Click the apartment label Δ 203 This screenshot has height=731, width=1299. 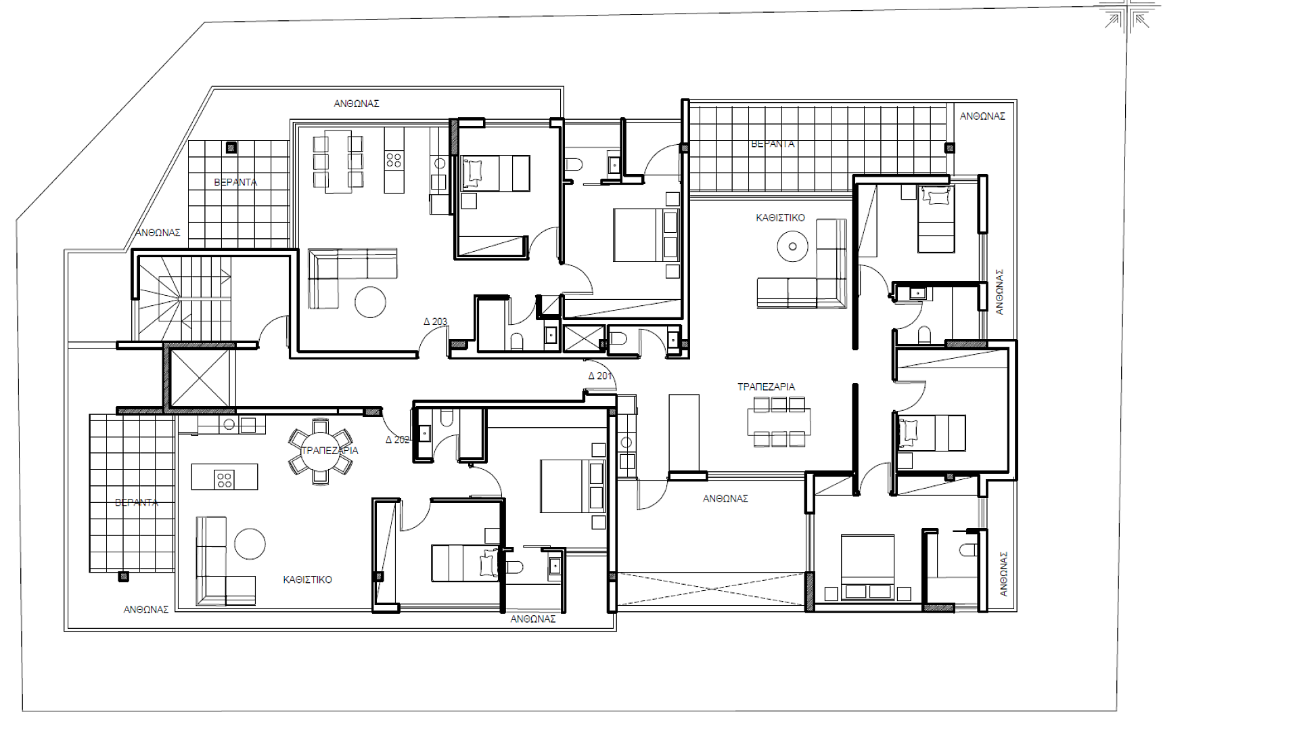435,322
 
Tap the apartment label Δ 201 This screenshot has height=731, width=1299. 599,376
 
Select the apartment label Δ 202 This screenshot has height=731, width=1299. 397,439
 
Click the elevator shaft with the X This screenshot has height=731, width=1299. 200,378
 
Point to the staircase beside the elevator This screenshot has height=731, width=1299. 184,298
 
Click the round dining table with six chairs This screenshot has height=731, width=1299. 321,451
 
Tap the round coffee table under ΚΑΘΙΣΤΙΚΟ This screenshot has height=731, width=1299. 792,246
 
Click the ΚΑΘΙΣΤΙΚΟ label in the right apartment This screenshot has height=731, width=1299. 780,218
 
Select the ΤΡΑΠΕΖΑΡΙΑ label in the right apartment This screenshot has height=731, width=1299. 766,386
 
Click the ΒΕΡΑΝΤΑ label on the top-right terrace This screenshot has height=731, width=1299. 773,143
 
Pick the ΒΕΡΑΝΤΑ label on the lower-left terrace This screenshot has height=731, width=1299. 136,502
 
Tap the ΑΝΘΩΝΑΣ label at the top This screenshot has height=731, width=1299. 356,104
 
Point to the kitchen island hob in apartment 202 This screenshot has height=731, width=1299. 224,479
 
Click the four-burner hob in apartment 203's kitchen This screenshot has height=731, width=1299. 394,160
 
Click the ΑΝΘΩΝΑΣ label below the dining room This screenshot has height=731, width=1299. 725,499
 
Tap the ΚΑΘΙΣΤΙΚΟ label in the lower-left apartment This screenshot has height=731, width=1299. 307,579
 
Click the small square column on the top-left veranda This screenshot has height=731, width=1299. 231,147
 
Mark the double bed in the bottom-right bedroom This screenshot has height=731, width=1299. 867,567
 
